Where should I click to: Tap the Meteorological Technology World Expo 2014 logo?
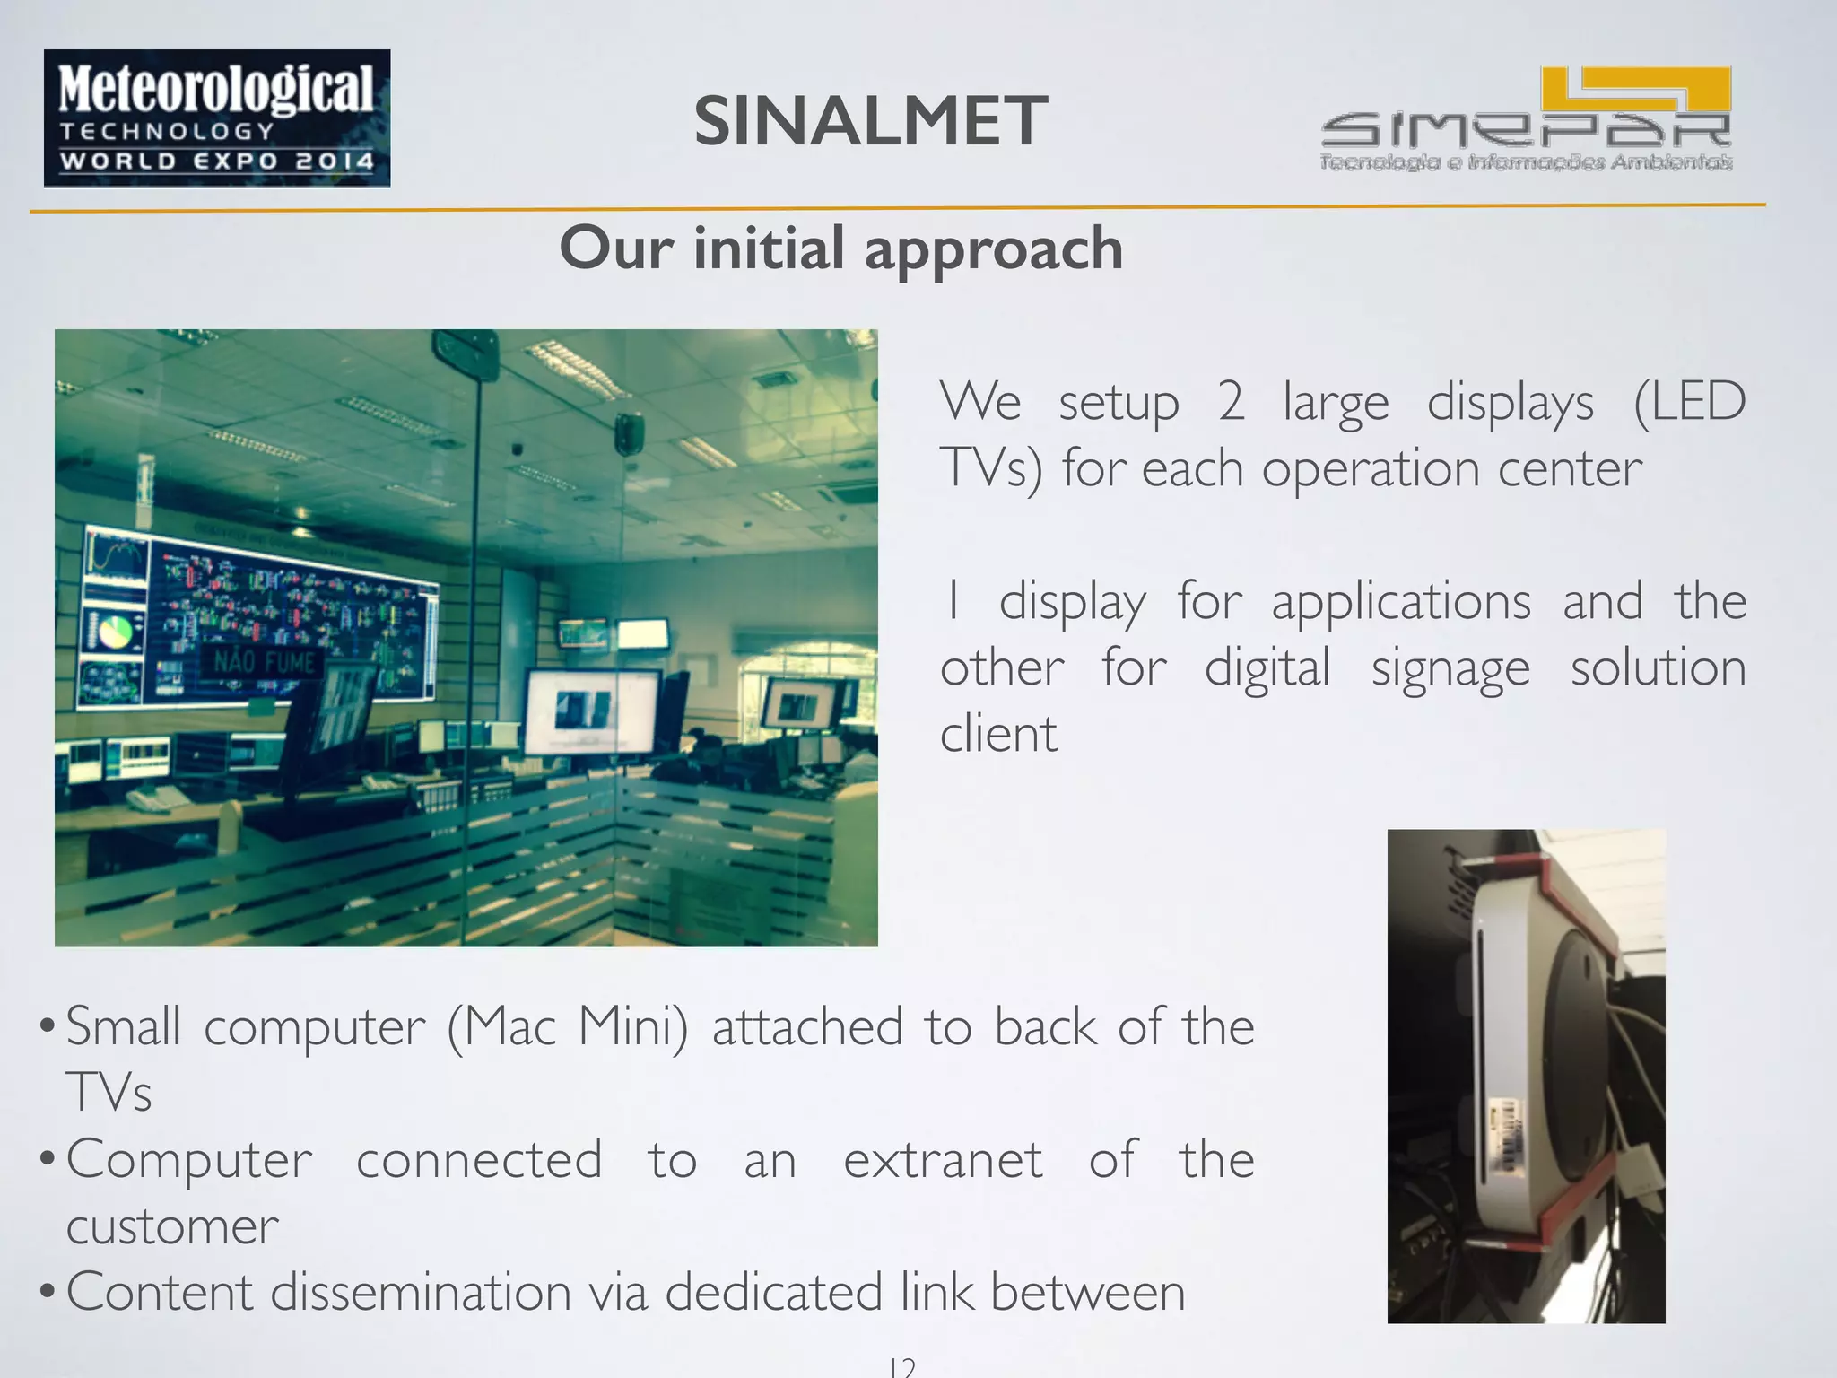tap(217, 118)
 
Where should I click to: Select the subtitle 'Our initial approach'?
tap(840, 249)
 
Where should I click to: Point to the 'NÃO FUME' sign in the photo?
tap(266, 663)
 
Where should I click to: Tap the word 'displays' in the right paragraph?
tap(1510, 401)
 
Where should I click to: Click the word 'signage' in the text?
tap(1450, 668)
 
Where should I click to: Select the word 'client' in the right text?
tap(998, 734)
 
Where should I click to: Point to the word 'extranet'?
tap(943, 1159)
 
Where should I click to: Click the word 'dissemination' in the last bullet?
tap(421, 1292)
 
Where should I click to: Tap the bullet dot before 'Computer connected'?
tap(48, 1159)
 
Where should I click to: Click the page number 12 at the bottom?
tap(902, 1367)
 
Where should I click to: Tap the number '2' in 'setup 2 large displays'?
tap(1231, 401)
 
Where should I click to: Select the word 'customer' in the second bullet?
tap(172, 1226)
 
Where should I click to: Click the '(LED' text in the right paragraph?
tap(1689, 401)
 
